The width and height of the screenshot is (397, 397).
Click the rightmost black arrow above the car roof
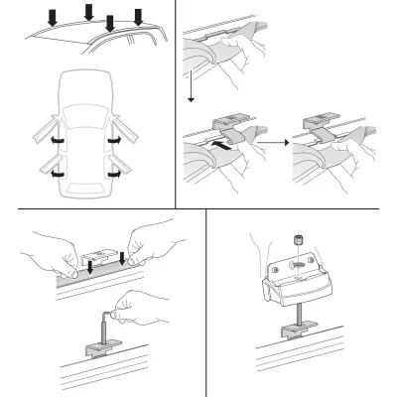tap(137, 17)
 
